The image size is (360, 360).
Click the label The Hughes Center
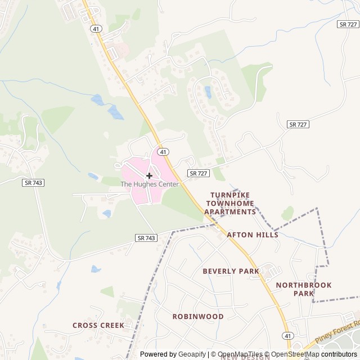(x=149, y=184)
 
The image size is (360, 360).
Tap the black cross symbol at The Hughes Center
(x=149, y=175)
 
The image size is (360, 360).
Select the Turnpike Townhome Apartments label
(x=230, y=203)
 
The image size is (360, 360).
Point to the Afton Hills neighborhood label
(x=253, y=235)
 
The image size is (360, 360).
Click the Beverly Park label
(x=231, y=271)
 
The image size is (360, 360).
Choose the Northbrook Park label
(x=304, y=289)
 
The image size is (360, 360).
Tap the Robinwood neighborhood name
(x=198, y=316)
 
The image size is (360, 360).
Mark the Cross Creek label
(x=98, y=325)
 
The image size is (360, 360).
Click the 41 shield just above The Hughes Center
(x=163, y=152)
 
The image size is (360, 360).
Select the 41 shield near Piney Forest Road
(x=288, y=335)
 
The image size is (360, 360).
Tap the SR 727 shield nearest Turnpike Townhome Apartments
(x=198, y=173)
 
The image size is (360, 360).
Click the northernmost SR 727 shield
(x=348, y=24)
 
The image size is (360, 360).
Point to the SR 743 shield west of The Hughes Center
(x=34, y=183)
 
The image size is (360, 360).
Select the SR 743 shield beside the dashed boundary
(x=146, y=238)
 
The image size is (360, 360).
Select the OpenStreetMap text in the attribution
(x=295, y=354)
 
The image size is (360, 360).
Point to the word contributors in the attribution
(x=339, y=354)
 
